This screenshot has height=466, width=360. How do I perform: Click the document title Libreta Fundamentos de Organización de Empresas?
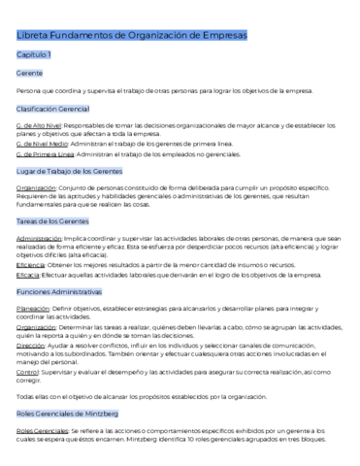(x=132, y=36)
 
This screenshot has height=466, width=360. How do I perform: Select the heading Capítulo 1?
(x=34, y=55)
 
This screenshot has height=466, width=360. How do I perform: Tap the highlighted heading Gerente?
(x=29, y=73)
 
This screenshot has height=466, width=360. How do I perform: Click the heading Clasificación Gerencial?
(x=53, y=108)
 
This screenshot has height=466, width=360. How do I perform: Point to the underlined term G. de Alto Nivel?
(x=40, y=125)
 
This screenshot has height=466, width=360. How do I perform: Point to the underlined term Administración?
(x=40, y=238)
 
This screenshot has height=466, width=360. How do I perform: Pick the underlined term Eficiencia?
(x=31, y=264)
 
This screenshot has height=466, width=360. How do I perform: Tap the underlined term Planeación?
(x=34, y=309)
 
